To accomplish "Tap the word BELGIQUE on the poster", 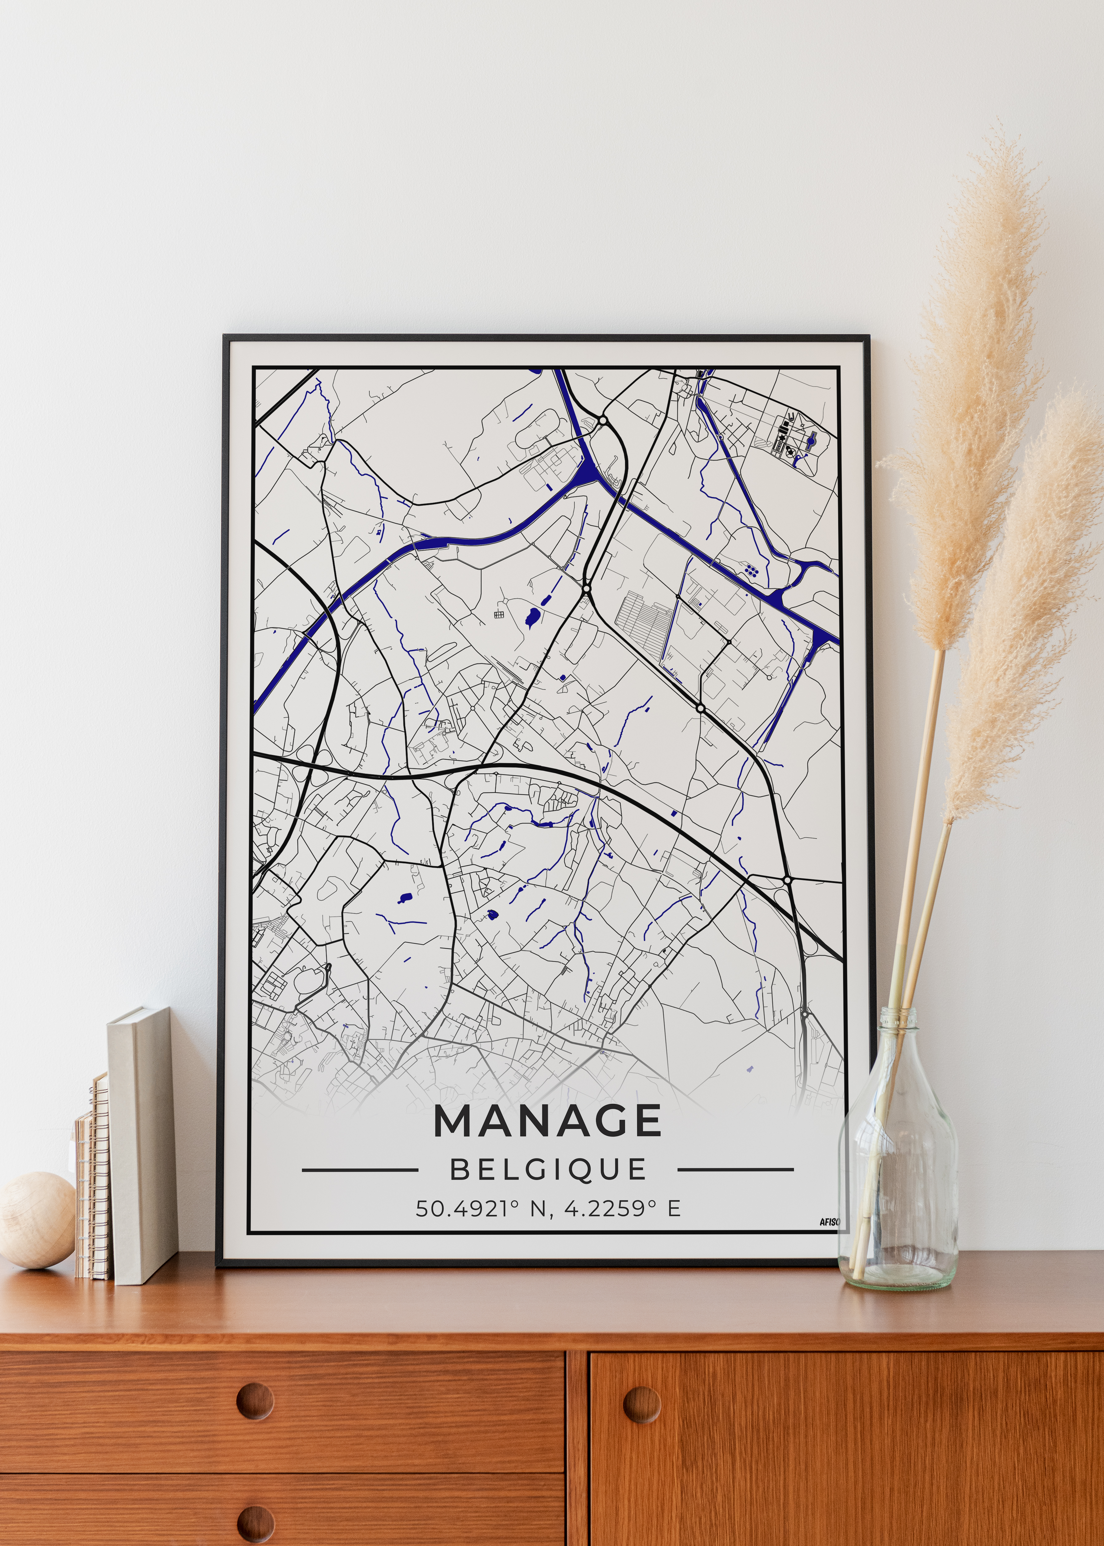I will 548,1169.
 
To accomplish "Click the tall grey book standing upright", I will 141,1142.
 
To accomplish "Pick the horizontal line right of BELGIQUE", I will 735,1170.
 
